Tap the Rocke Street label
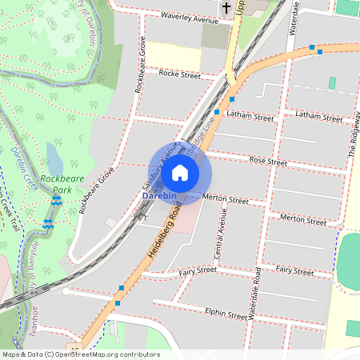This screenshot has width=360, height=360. (x=179, y=74)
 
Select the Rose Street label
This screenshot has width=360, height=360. (x=268, y=161)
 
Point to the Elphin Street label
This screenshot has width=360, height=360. (x=226, y=314)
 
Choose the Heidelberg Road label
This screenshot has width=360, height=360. (x=163, y=232)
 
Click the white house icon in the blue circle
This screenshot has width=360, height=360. (x=180, y=172)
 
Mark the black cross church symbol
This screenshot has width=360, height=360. (x=226, y=9)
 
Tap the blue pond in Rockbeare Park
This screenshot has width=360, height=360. (x=53, y=156)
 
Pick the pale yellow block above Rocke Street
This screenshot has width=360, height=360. (x=173, y=55)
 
